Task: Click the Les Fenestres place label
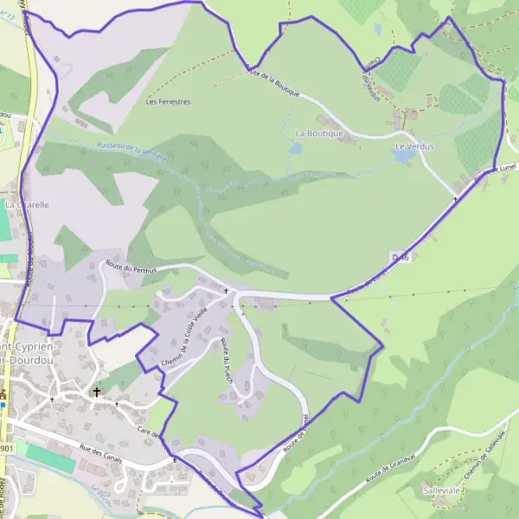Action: [168, 101]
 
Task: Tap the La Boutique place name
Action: [319, 134]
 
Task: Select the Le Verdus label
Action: [413, 147]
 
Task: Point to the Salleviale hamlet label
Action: [441, 490]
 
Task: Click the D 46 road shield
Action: [399, 257]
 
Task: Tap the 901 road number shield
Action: [7, 449]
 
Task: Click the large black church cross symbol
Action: [97, 391]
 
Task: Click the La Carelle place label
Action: [26, 205]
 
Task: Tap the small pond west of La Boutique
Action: [295, 148]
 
